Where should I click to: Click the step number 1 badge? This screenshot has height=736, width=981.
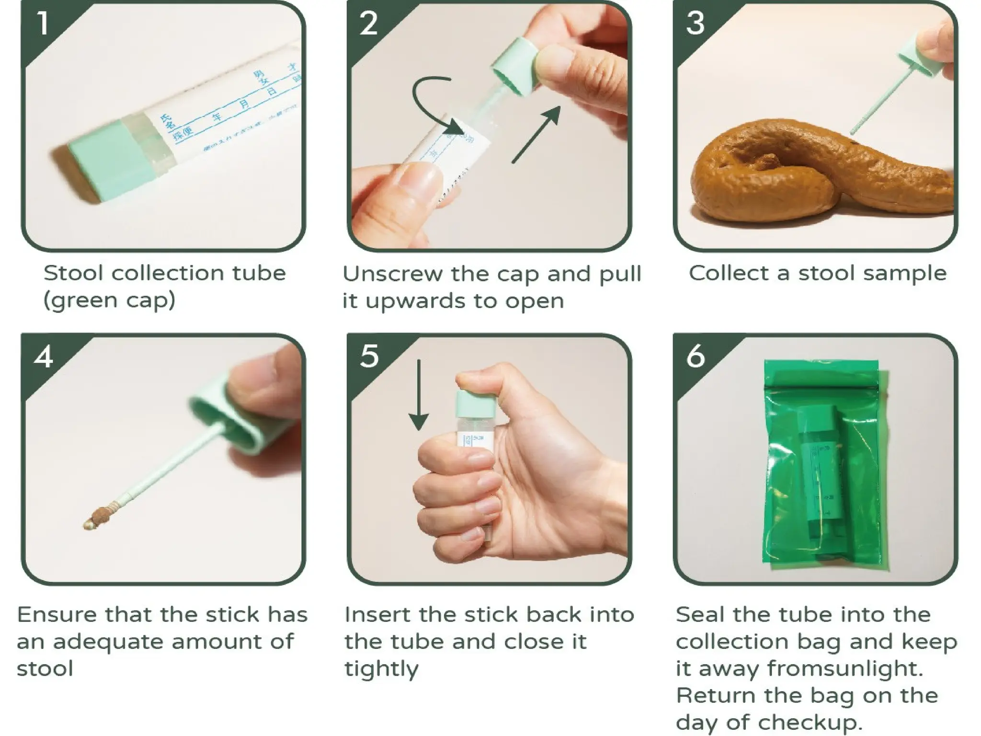pos(43,23)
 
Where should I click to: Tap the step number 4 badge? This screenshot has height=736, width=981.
pos(44,357)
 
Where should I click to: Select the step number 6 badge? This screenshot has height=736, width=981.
pos(695,357)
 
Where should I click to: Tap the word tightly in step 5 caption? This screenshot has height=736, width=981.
pos(381,669)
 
